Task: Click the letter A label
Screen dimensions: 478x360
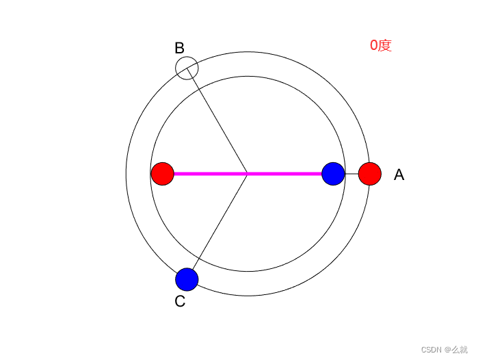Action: (399, 175)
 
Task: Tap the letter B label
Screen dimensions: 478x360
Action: (179, 48)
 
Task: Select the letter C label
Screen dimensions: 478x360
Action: (180, 301)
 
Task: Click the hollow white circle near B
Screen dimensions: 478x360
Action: (187, 68)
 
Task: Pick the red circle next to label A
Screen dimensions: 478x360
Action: (369, 174)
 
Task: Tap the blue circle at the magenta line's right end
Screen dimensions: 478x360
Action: (333, 174)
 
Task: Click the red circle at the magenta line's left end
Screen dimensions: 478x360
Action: (163, 174)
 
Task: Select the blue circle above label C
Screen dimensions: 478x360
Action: (187, 279)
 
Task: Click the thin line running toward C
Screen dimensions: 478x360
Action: (217, 227)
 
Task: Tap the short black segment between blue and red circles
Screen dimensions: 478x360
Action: (351, 174)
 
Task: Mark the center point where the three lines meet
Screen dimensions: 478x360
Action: (248, 174)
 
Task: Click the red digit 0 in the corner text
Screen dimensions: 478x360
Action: (374, 46)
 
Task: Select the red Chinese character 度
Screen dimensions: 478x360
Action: (385, 46)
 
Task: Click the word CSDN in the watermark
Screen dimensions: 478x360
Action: (431, 349)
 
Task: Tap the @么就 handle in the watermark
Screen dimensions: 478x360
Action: (456, 349)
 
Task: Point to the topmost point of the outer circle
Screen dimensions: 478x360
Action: (248, 52)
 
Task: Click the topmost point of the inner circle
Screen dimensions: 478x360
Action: (248, 77)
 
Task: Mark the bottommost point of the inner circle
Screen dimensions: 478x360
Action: (248, 271)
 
